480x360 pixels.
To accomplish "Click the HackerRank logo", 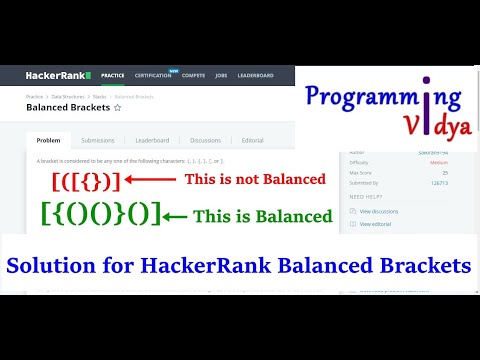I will coord(58,75).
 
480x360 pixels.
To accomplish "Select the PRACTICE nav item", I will coord(112,75).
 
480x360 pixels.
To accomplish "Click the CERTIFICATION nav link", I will coord(152,75).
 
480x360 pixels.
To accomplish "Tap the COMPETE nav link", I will coord(193,75).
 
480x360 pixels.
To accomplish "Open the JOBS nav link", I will coord(220,75).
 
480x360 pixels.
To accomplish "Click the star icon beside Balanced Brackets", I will coord(117,106).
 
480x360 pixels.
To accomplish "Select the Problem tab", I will coord(48,140).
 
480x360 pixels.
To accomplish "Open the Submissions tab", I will coord(97,140).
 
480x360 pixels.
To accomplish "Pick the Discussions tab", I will coord(205,140).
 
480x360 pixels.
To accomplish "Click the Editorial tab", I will coord(253,140).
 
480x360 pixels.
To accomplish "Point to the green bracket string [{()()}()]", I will coord(100,215).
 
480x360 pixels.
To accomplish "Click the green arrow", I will coord(175,216).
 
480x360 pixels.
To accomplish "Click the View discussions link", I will coord(380,212).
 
